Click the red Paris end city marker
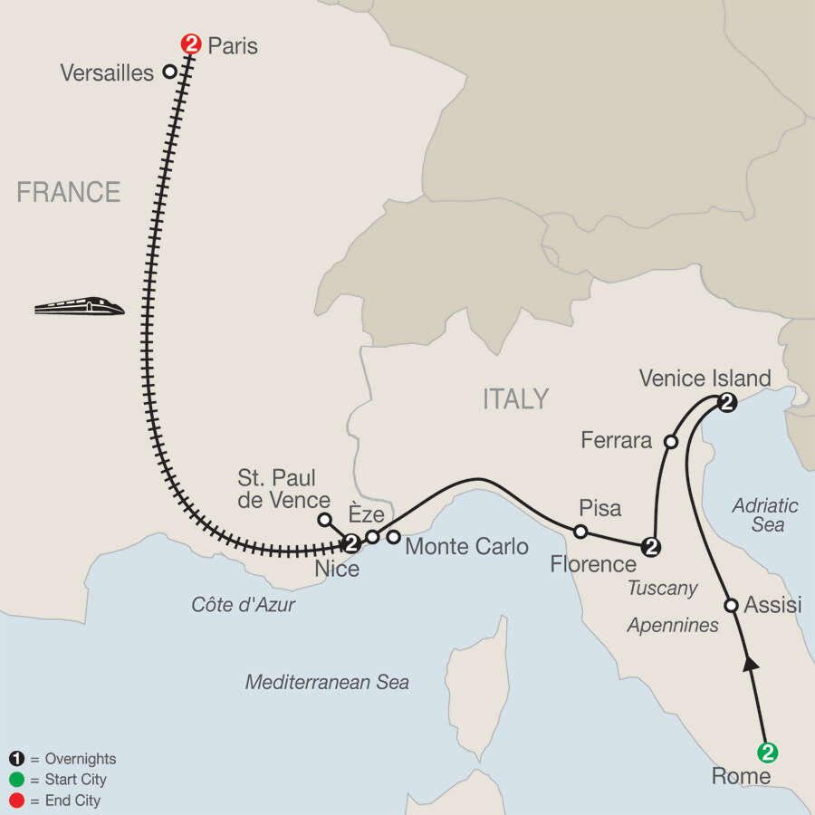point(191,43)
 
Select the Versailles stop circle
point(168,72)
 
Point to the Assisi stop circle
point(732,605)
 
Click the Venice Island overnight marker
point(726,402)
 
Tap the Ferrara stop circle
point(671,442)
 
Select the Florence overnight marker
point(649,546)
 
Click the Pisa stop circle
point(580,531)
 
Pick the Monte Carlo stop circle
point(393,537)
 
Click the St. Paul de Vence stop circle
point(324,520)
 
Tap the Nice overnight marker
point(351,543)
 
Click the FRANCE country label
point(69,192)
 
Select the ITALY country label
point(515,398)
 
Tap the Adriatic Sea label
point(766,514)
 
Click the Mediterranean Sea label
point(327,682)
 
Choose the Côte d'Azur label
point(243,605)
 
